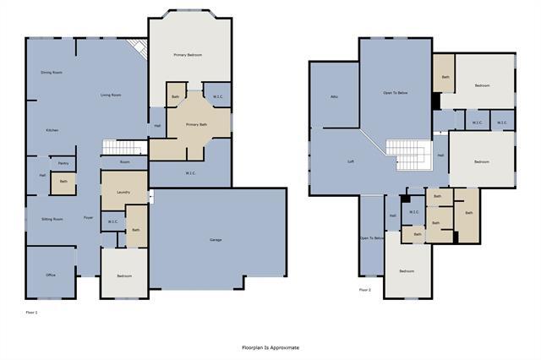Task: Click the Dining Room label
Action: pos(52,73)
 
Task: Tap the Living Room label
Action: pos(111,95)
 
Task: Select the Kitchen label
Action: pos(52,130)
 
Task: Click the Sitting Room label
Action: pos(52,219)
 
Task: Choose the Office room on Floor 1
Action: pos(51,275)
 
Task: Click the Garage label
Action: pos(216,241)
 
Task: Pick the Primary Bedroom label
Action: pos(190,55)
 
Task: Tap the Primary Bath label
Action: pos(198,124)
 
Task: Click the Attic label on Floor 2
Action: pos(334,97)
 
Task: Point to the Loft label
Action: pos(350,161)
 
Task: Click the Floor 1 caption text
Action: pos(32,313)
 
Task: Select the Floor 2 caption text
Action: pos(365,290)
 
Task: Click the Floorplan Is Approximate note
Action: pos(270,346)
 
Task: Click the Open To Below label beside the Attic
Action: pos(402,92)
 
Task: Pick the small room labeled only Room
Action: pos(125,161)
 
